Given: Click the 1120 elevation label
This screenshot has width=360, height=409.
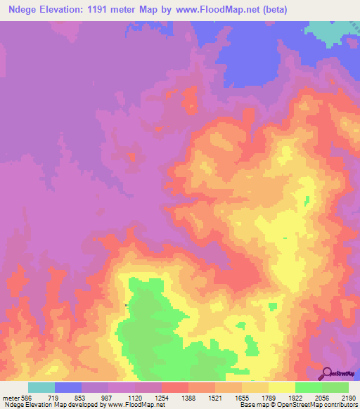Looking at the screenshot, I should point(135,398).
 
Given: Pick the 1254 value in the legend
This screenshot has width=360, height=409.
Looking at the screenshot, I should point(162,398).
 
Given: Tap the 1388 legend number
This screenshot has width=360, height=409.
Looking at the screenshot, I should point(188,398).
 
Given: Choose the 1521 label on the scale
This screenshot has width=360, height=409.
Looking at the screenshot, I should point(215,398).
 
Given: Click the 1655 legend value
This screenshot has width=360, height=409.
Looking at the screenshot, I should point(242,398).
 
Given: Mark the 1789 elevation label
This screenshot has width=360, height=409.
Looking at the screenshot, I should point(269,398).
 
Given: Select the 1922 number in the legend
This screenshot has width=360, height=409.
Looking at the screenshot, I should point(295,398).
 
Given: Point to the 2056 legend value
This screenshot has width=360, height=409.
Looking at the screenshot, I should point(322,398).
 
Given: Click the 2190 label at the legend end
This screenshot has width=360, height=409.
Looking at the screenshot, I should point(349,398).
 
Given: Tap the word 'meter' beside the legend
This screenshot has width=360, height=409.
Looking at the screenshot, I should point(11,398).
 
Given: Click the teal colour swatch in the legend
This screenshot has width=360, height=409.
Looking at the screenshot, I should point(41,387).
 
